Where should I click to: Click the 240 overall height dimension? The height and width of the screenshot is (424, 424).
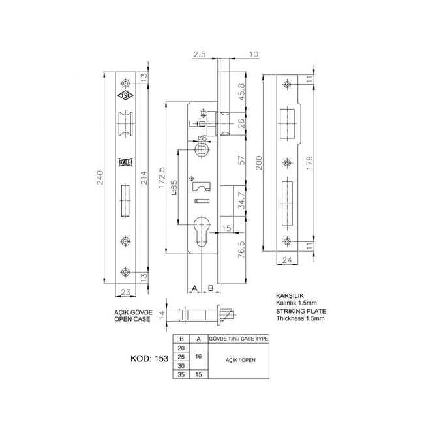(x=100, y=179)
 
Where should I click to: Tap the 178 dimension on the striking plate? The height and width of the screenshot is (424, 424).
(x=317, y=162)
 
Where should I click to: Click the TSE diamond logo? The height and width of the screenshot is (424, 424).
(x=125, y=96)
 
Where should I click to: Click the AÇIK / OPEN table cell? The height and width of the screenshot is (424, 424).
(x=238, y=357)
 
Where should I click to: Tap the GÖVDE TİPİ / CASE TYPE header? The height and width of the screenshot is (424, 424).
(x=238, y=339)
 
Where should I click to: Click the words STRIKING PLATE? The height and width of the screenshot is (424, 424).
(x=297, y=312)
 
